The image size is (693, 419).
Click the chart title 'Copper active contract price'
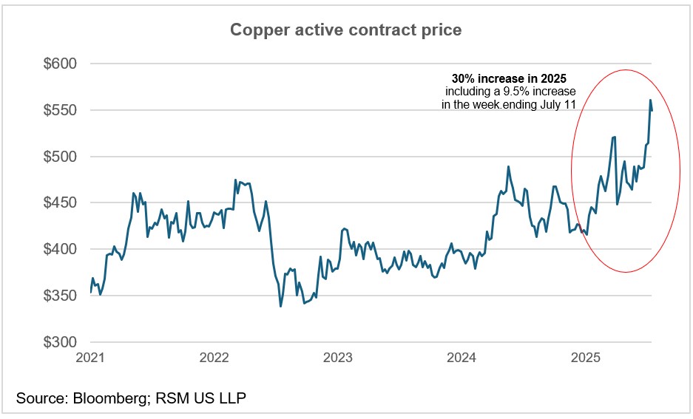[x=346, y=30]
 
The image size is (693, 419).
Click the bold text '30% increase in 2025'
[x=509, y=78]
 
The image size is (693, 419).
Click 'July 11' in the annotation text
[x=558, y=104]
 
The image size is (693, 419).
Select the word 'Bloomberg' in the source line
[x=110, y=399]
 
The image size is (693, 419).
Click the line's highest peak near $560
[x=650, y=100]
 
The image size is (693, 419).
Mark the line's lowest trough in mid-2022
[x=281, y=306]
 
